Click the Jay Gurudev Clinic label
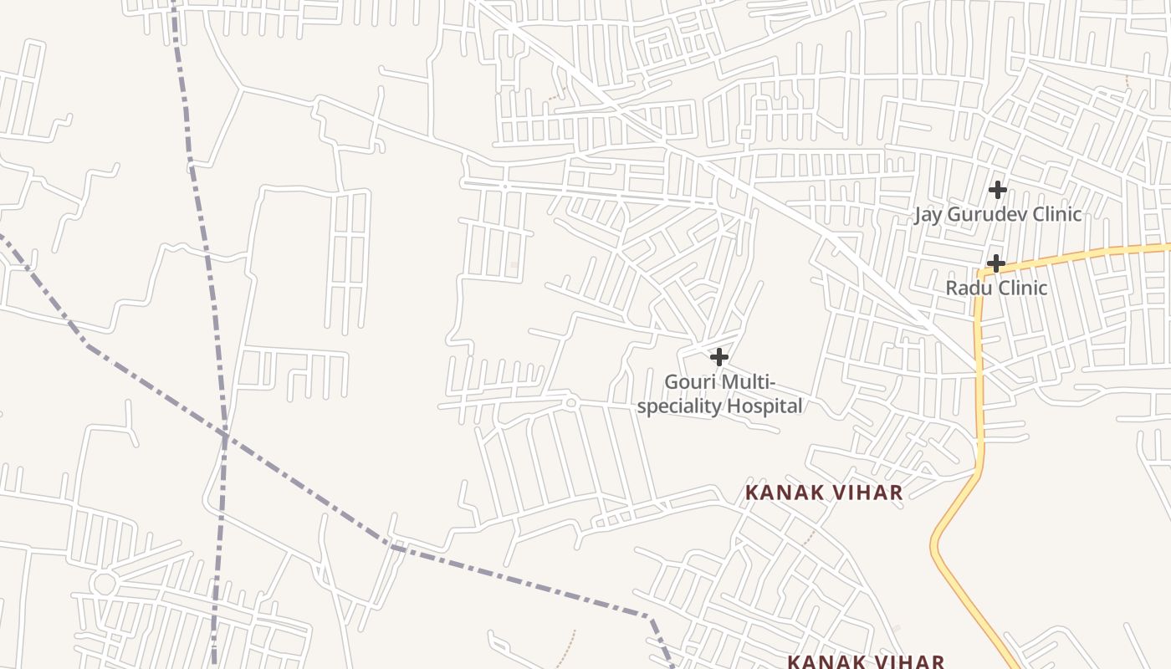click(x=997, y=214)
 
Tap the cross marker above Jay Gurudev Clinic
click(x=997, y=190)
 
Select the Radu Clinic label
click(x=995, y=288)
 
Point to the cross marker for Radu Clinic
click(x=995, y=263)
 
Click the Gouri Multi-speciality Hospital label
click(x=719, y=395)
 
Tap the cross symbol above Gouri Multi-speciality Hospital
click(x=718, y=357)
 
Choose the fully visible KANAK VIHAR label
click(x=824, y=493)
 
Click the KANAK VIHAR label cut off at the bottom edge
click(x=866, y=661)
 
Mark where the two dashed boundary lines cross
click(x=225, y=434)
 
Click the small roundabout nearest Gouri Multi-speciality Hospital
click(x=570, y=403)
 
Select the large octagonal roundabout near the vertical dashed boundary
click(x=104, y=583)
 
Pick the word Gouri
click(x=690, y=382)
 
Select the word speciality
click(x=678, y=406)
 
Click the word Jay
click(x=927, y=214)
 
